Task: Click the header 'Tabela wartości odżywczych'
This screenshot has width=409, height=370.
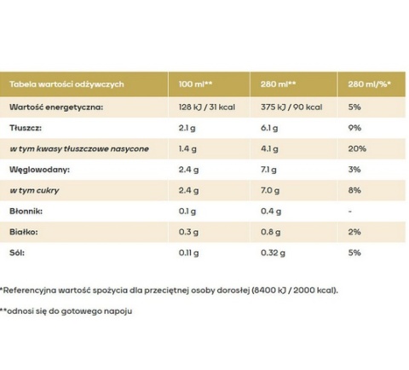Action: [x=66, y=84]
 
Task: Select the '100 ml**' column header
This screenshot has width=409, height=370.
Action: [x=195, y=84]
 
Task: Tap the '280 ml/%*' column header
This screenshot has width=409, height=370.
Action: [x=370, y=84]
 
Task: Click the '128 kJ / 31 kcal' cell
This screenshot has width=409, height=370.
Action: [x=207, y=107]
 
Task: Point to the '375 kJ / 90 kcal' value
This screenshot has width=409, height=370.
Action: [x=291, y=107]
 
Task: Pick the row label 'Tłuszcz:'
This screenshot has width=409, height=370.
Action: [x=26, y=128]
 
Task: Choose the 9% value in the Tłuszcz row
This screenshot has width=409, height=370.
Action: [x=354, y=128]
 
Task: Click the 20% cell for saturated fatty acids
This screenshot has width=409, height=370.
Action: [x=357, y=148]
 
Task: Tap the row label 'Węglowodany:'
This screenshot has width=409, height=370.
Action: [x=39, y=170]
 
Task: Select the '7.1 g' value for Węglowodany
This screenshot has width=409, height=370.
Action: [x=268, y=170]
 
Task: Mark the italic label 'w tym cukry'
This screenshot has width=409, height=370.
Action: [x=34, y=190]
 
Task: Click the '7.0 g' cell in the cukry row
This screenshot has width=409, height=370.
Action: [x=270, y=190]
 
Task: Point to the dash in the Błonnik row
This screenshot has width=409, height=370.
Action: [x=350, y=211]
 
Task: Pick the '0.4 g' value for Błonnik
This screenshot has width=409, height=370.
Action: [x=271, y=211]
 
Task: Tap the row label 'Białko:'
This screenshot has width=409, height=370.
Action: [x=24, y=232]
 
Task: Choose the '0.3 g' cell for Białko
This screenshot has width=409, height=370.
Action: [x=188, y=232]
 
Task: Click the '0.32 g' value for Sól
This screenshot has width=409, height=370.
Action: [x=273, y=253]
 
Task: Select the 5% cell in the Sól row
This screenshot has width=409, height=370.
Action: [x=354, y=252]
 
